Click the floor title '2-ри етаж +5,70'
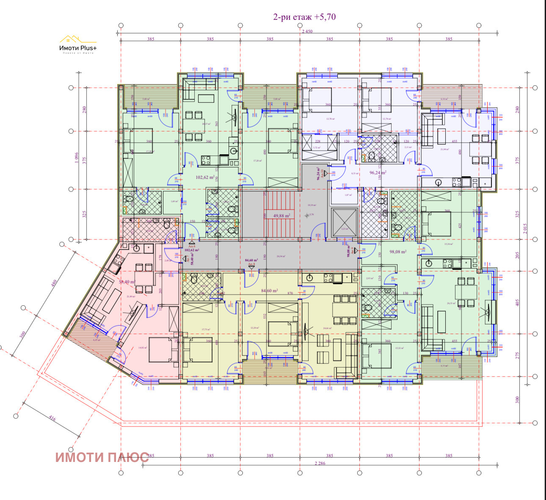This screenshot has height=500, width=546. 304,17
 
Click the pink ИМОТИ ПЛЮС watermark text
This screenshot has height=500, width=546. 102,457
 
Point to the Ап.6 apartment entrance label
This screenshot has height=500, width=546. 191,246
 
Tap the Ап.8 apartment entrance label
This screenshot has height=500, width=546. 251,264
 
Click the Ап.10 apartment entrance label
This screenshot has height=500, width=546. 321,173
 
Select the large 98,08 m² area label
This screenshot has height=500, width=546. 398,251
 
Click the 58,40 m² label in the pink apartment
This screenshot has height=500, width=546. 127,282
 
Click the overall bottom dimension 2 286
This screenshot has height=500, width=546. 320,463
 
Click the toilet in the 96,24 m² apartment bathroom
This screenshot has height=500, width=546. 372,157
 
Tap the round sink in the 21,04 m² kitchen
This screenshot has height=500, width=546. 439,182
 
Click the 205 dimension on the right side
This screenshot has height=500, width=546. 517,255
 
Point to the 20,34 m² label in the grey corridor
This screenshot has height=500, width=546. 280,256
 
